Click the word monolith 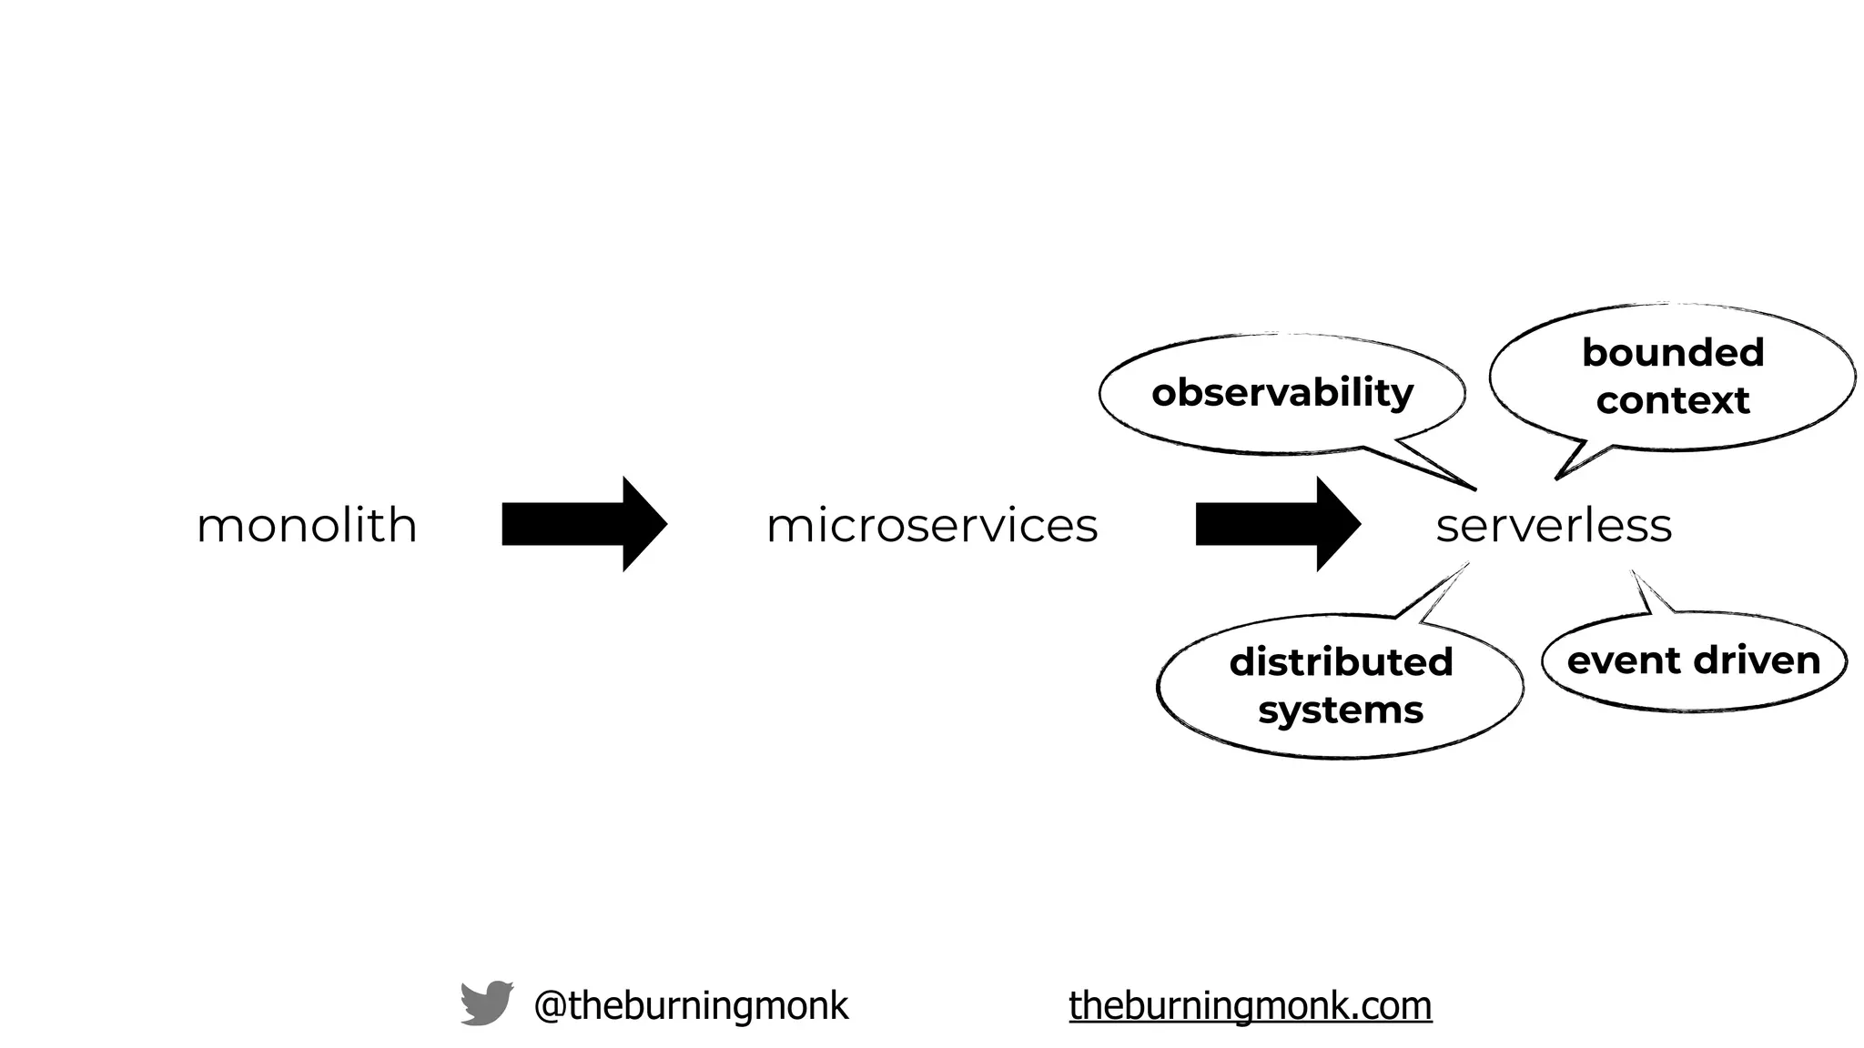[307, 526]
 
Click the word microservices [932, 526]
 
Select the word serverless [1554, 526]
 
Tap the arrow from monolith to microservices [582, 524]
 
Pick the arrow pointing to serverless [1276, 524]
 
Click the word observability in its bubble [1281, 393]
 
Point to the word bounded [1673, 353]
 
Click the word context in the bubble [1673, 400]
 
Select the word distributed [1341, 662]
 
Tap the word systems [1341, 710]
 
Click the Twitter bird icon [486, 1003]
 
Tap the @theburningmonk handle [691, 1005]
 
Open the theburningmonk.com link [1251, 1005]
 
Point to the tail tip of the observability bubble [1474, 489]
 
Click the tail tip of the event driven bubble [1632, 571]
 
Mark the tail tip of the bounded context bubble [1556, 479]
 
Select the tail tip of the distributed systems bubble [1467, 564]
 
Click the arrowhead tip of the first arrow [667, 524]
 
